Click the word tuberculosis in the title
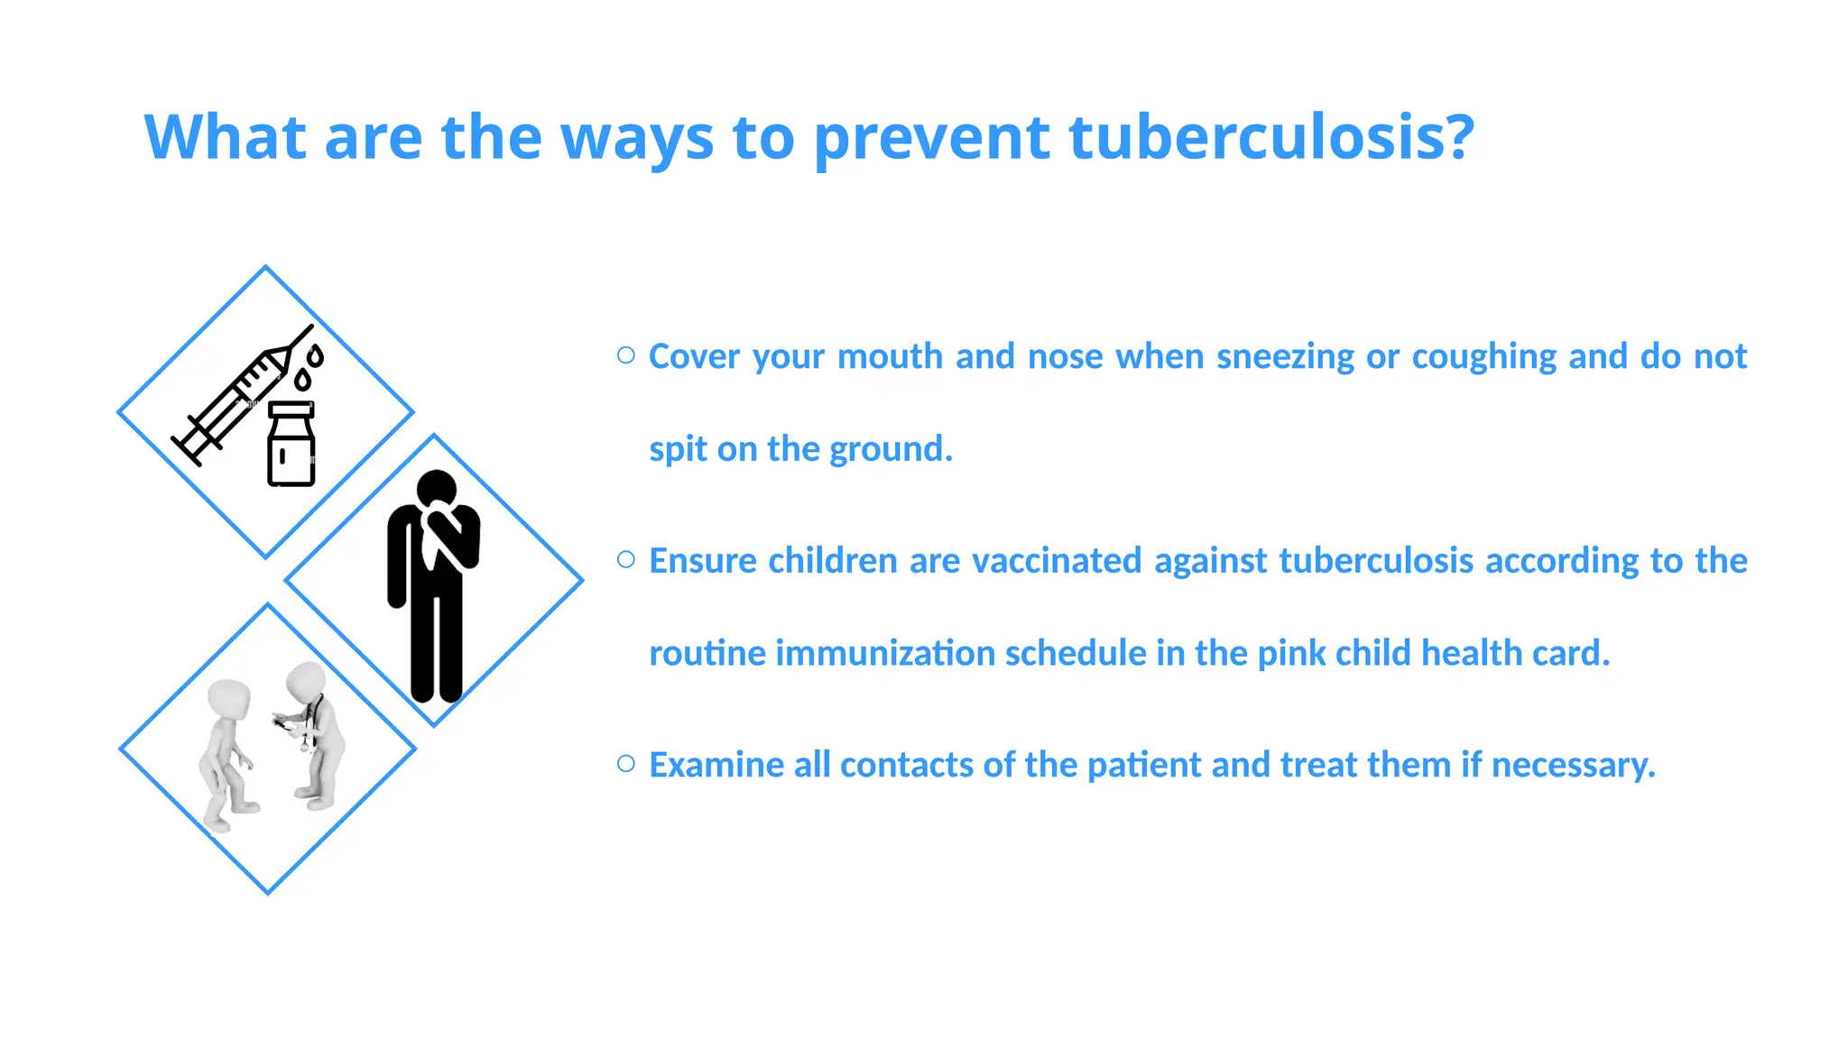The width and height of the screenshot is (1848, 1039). coord(1271,137)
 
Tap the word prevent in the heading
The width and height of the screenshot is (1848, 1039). coord(932,139)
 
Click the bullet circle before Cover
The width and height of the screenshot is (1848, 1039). coord(626,355)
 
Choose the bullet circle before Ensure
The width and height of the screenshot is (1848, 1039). coord(626,559)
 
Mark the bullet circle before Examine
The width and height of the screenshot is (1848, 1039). coord(626,764)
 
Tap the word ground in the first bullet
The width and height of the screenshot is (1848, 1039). coord(891,449)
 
